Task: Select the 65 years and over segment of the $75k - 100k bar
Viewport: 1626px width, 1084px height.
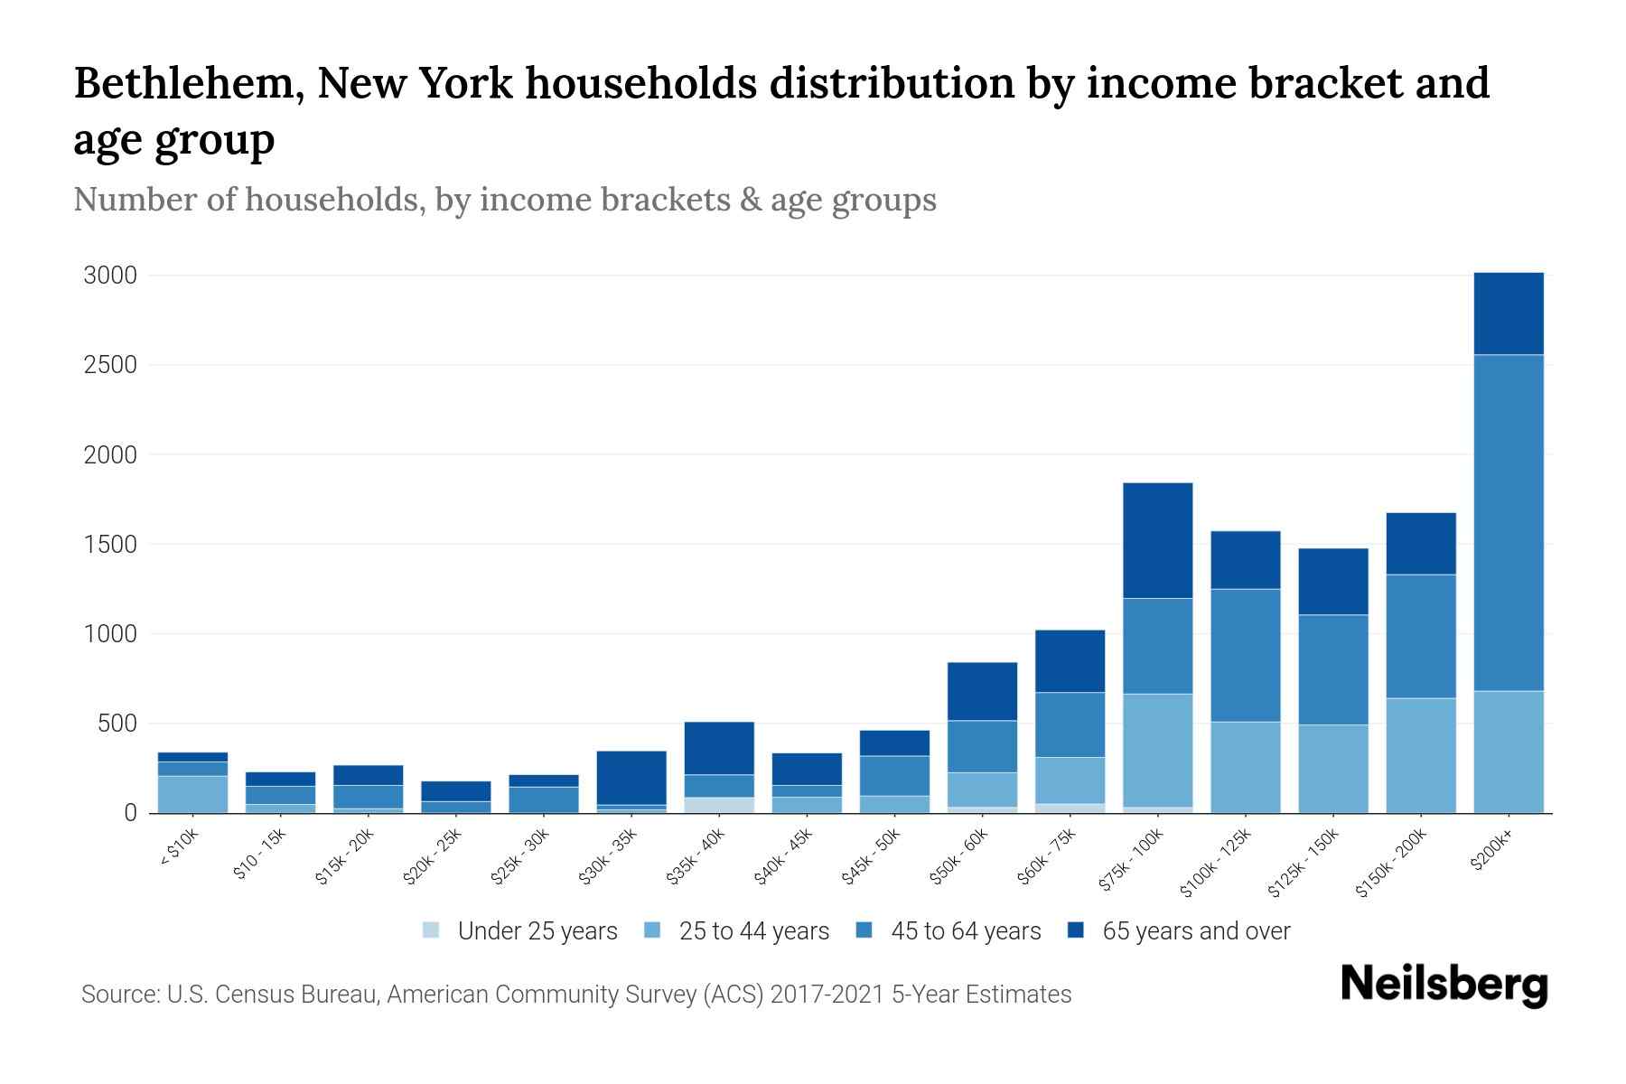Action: (x=1157, y=540)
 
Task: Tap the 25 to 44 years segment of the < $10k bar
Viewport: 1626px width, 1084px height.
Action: (x=192, y=794)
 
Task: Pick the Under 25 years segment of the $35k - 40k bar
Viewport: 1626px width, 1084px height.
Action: (x=719, y=805)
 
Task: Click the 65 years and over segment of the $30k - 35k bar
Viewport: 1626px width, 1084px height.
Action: (x=631, y=778)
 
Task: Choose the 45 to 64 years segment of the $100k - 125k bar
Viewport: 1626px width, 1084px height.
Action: (x=1245, y=655)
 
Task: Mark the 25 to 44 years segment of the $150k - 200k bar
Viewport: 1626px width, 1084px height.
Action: (x=1420, y=755)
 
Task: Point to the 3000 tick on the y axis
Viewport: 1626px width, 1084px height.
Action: (x=110, y=276)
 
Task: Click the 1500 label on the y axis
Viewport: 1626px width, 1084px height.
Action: (x=110, y=545)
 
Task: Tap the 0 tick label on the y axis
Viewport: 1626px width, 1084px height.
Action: (x=131, y=813)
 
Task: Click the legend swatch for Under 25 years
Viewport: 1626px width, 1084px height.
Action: (x=432, y=930)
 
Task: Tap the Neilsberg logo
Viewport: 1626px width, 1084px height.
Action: (x=1444, y=985)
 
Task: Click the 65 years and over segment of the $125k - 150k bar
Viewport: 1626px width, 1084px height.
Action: (x=1332, y=582)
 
